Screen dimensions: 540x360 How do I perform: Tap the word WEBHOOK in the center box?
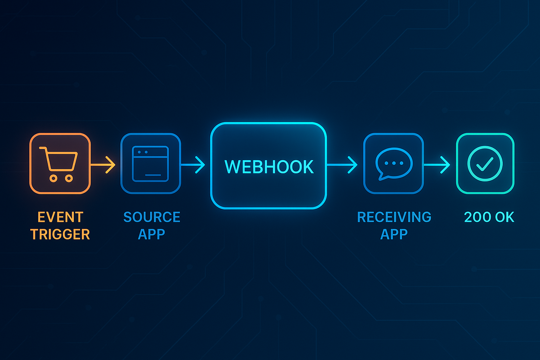pos(269,167)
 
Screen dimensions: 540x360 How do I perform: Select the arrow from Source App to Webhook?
pos(193,165)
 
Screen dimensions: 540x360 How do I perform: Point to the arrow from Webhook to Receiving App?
pos(342,165)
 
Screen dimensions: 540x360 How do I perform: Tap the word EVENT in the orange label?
pos(60,217)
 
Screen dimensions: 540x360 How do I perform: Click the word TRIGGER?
pos(60,234)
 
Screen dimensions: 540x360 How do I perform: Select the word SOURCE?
pos(152,217)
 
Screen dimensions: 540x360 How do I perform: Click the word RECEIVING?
pos(394,217)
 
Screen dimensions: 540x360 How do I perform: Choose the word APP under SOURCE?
pos(152,234)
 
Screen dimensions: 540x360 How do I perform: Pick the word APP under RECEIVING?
pos(394,234)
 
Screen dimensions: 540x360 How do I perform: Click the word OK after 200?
pos(504,217)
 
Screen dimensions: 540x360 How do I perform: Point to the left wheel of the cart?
pos(53,179)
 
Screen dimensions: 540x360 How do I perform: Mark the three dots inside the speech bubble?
pos(394,163)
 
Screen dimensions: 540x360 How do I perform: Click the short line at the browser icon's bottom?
pos(153,175)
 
